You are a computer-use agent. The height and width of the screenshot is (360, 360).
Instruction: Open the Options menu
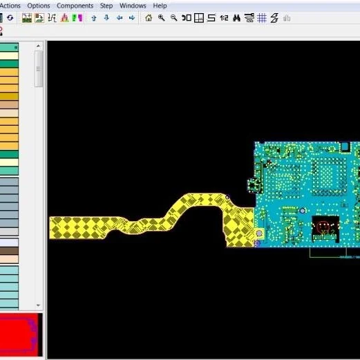point(39,6)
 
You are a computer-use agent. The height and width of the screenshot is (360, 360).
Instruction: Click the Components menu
point(75,6)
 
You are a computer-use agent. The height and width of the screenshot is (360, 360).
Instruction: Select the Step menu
point(106,6)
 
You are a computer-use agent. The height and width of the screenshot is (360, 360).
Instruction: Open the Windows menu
point(133,6)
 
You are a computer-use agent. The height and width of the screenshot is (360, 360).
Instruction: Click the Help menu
point(160,6)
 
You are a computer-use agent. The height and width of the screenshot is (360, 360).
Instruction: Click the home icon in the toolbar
point(149,18)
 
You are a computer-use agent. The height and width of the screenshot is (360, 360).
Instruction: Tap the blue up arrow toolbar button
point(94,18)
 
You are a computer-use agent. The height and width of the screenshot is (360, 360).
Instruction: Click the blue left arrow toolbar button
point(120,18)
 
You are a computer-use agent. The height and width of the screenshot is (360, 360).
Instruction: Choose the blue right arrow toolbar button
point(132,18)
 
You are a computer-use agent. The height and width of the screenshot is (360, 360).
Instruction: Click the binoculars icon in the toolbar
point(236,18)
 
